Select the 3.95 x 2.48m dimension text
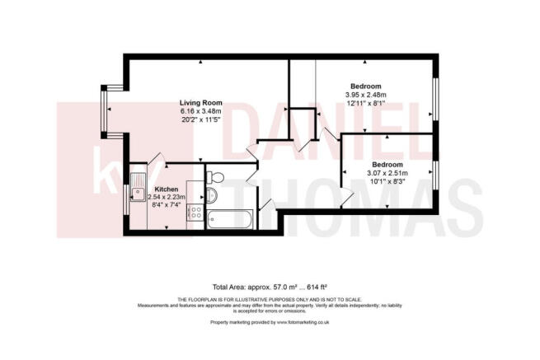tap(366, 96)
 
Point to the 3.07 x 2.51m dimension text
tap(388, 172)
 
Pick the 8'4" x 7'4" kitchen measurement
tap(167, 205)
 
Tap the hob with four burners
tap(196, 213)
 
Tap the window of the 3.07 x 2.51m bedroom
tap(436, 174)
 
